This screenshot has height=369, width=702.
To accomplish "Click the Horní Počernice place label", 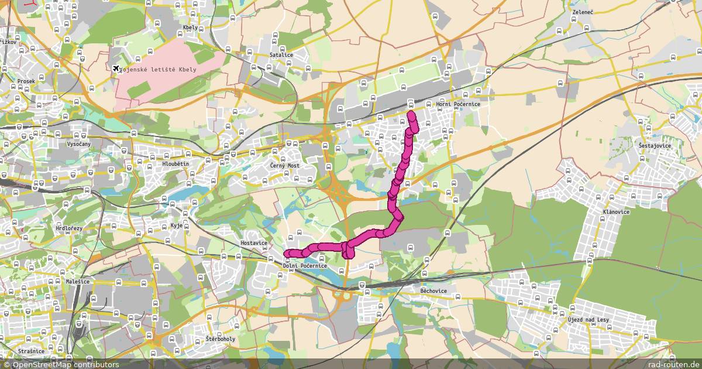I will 458,104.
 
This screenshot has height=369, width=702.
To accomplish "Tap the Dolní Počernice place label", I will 305,266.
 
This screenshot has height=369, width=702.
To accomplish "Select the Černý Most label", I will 285,166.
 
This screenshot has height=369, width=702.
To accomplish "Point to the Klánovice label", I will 615,212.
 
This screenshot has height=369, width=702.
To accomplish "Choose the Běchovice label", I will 433,291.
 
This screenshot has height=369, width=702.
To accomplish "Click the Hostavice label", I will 254,242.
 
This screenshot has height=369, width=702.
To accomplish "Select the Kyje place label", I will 177,225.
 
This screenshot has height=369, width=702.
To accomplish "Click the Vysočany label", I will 78,144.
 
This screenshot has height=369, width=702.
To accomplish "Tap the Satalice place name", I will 281,55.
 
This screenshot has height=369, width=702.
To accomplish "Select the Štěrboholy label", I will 221,339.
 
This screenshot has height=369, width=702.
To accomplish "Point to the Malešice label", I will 78,282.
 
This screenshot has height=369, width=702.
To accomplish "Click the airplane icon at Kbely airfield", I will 116,69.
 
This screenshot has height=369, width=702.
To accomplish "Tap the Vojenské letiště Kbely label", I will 158,69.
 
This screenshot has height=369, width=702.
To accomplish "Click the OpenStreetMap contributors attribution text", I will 60,364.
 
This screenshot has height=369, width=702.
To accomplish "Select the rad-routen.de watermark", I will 673,364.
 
